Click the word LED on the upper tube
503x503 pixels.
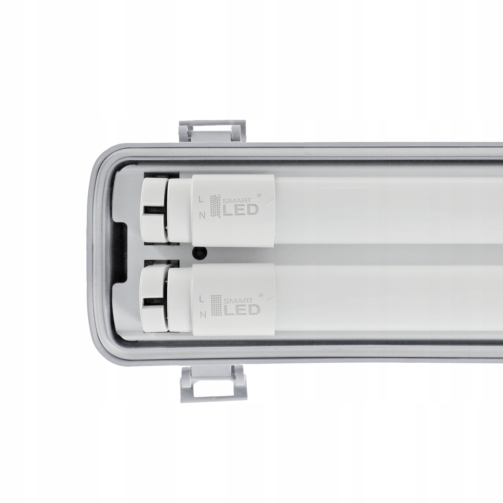pyautogui.click(x=240, y=210)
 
